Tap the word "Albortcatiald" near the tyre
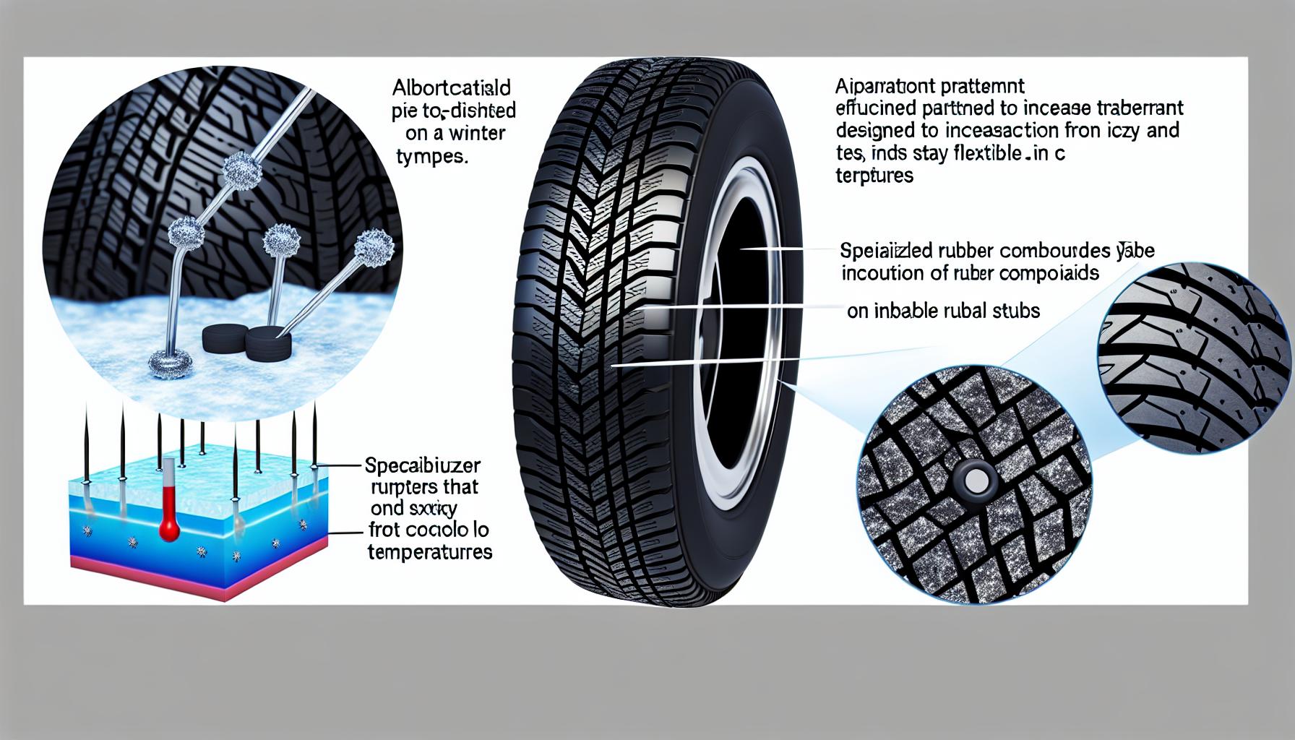coord(452,89)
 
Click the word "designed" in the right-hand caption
coord(874,131)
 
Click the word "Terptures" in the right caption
coord(874,176)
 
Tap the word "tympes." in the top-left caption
coord(431,156)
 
